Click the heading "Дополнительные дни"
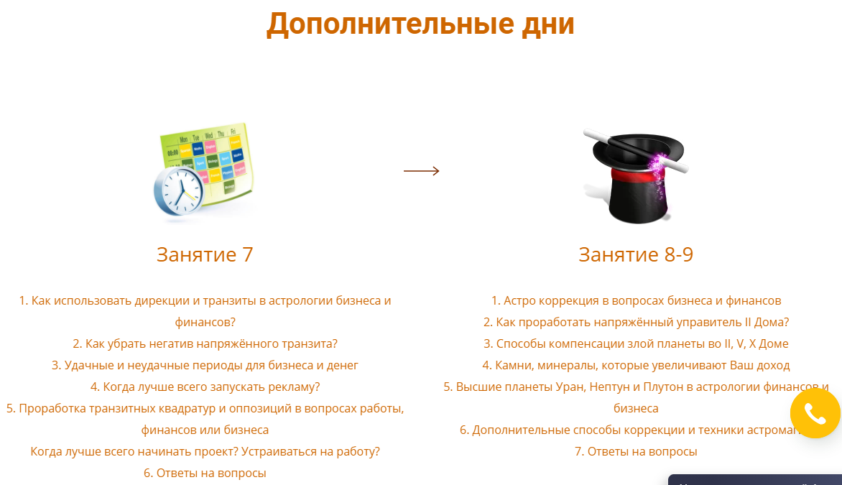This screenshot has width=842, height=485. coord(420,24)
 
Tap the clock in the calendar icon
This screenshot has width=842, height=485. coord(177,190)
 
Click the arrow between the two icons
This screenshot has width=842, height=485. coord(421,171)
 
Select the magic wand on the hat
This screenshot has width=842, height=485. coord(635,150)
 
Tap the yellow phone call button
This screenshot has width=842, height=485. coord(815,414)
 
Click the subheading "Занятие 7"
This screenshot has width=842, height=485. coord(205,254)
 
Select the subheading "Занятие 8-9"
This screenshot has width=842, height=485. coord(636,254)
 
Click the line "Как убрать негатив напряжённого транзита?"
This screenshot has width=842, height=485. coord(205,343)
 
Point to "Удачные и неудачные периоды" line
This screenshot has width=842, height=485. coord(205,365)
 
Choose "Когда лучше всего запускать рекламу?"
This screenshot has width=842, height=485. coord(205,387)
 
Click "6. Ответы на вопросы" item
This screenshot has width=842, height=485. coord(205,473)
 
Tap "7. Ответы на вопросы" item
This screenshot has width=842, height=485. coord(636,451)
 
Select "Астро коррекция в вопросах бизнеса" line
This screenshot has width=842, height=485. coord(636,300)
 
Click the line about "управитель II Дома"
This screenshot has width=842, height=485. coord(636,322)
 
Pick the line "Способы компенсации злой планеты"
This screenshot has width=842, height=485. coord(636,343)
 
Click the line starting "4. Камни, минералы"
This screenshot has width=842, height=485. coord(636,365)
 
